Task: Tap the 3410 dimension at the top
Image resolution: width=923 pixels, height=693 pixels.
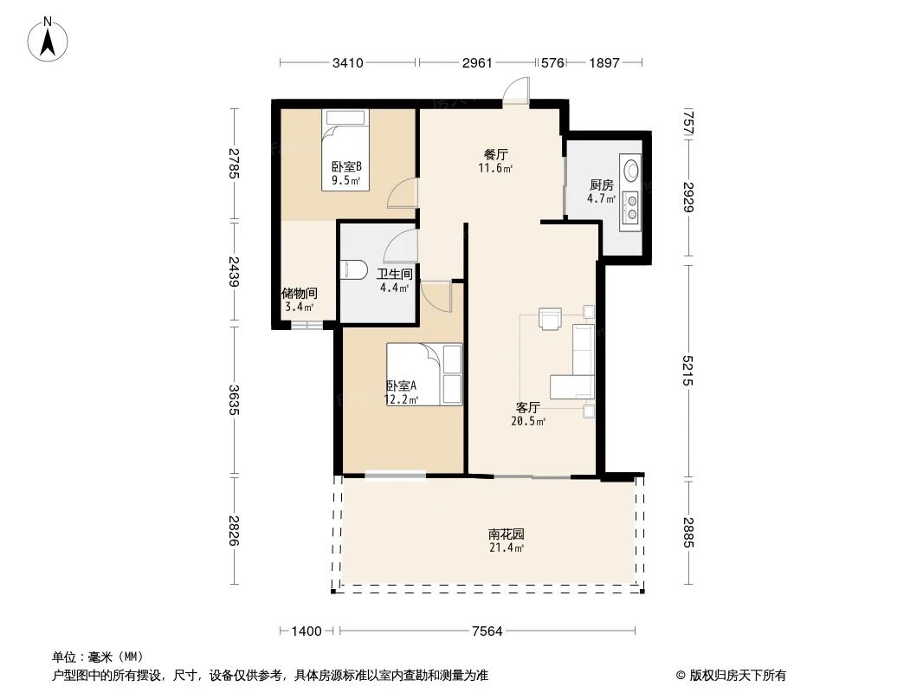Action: [347, 63]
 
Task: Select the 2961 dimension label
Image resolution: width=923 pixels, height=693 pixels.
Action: [477, 63]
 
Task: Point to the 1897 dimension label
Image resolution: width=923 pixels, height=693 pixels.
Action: [603, 63]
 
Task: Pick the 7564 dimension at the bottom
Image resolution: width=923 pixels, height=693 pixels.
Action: [487, 631]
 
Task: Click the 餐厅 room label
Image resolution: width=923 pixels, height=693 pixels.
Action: [495, 154]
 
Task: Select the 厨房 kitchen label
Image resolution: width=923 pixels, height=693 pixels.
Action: [602, 185]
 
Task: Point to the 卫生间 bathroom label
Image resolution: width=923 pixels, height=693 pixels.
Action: [393, 274]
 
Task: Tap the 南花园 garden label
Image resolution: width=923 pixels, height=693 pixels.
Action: [507, 534]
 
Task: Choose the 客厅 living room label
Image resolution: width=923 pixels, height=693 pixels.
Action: [528, 407]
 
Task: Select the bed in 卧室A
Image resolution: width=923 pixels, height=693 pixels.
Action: [424, 373]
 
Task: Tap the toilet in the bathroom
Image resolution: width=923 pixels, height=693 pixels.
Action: [352, 270]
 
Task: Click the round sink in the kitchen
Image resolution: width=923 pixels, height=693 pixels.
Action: [631, 169]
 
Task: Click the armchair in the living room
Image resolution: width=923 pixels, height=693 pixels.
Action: [550, 319]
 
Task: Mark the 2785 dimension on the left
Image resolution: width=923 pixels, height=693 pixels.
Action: [233, 164]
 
